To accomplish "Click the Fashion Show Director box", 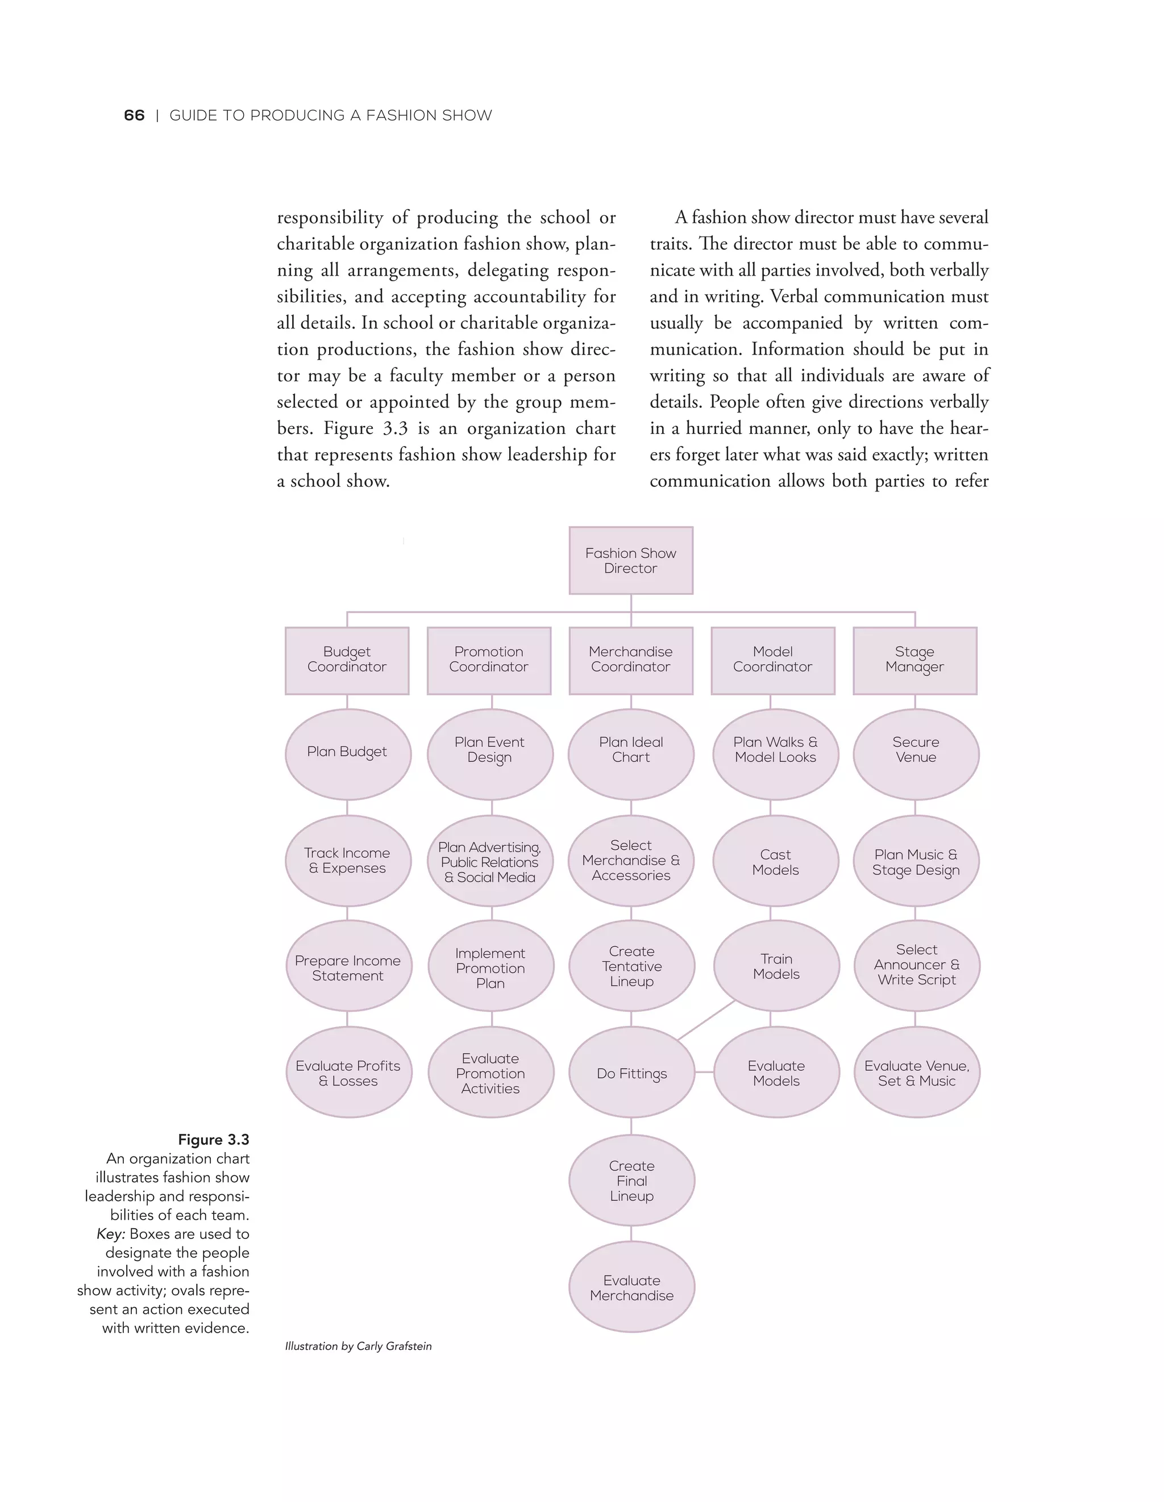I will pyautogui.click(x=630, y=561).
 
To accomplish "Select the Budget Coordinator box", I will pyautogui.click(x=347, y=660).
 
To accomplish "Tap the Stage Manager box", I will pyautogui.click(x=914, y=660).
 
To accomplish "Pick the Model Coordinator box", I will pyautogui.click(x=772, y=660).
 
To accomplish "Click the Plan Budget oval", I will pyautogui.click(x=347, y=753).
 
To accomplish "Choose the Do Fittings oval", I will pyautogui.click(x=631, y=1073).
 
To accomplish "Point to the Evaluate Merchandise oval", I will pyautogui.click(x=631, y=1287).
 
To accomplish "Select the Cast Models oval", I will pyautogui.click(x=775, y=862).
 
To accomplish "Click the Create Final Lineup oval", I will pyautogui.click(x=631, y=1180).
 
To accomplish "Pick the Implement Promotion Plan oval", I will pyautogui.click(x=490, y=967).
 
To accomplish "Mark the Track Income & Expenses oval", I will pyautogui.click(x=347, y=860).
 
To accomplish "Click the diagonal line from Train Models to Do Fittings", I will pyautogui.click(x=706, y=1020).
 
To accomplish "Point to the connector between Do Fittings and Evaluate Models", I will pyautogui.click(x=704, y=1071).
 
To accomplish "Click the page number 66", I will pyautogui.click(x=134, y=115).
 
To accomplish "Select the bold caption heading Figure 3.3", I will pyautogui.click(x=213, y=1140).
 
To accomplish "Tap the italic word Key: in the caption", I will pyautogui.click(x=111, y=1234).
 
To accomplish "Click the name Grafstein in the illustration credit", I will pyautogui.click(x=409, y=1346).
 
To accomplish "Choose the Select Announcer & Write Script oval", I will pyautogui.click(x=916, y=965).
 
